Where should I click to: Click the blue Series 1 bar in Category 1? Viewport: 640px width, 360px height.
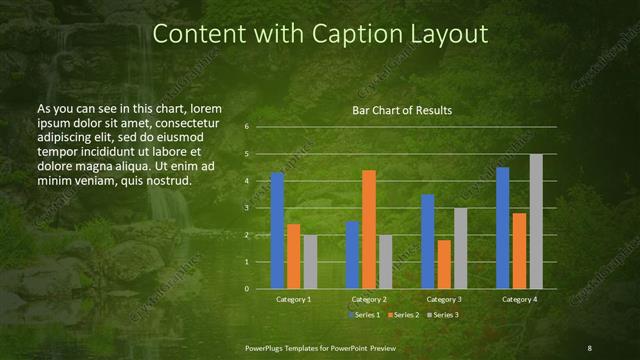[x=277, y=231]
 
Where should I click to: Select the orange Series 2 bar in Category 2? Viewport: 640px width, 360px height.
[x=369, y=230]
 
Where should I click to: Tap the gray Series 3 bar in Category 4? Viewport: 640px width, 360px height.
[x=536, y=222]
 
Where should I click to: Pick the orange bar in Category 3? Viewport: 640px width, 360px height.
[x=444, y=264]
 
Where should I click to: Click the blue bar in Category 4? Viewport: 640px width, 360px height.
[x=503, y=228]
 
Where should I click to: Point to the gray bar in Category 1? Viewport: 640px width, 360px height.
[x=310, y=262]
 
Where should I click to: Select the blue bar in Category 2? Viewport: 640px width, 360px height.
[x=353, y=255]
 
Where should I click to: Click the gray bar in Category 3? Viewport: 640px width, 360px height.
[x=460, y=248]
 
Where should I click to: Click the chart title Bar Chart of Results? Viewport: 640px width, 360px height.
[x=402, y=110]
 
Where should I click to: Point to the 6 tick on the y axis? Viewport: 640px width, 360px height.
[x=246, y=128]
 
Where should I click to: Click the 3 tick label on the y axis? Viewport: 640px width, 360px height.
[x=246, y=208]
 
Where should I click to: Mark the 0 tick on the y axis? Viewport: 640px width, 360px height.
[x=246, y=289]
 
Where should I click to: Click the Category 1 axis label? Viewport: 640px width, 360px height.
[x=293, y=299]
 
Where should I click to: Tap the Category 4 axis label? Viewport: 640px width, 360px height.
[x=519, y=299]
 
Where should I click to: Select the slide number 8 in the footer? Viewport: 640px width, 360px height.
[x=589, y=347]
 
